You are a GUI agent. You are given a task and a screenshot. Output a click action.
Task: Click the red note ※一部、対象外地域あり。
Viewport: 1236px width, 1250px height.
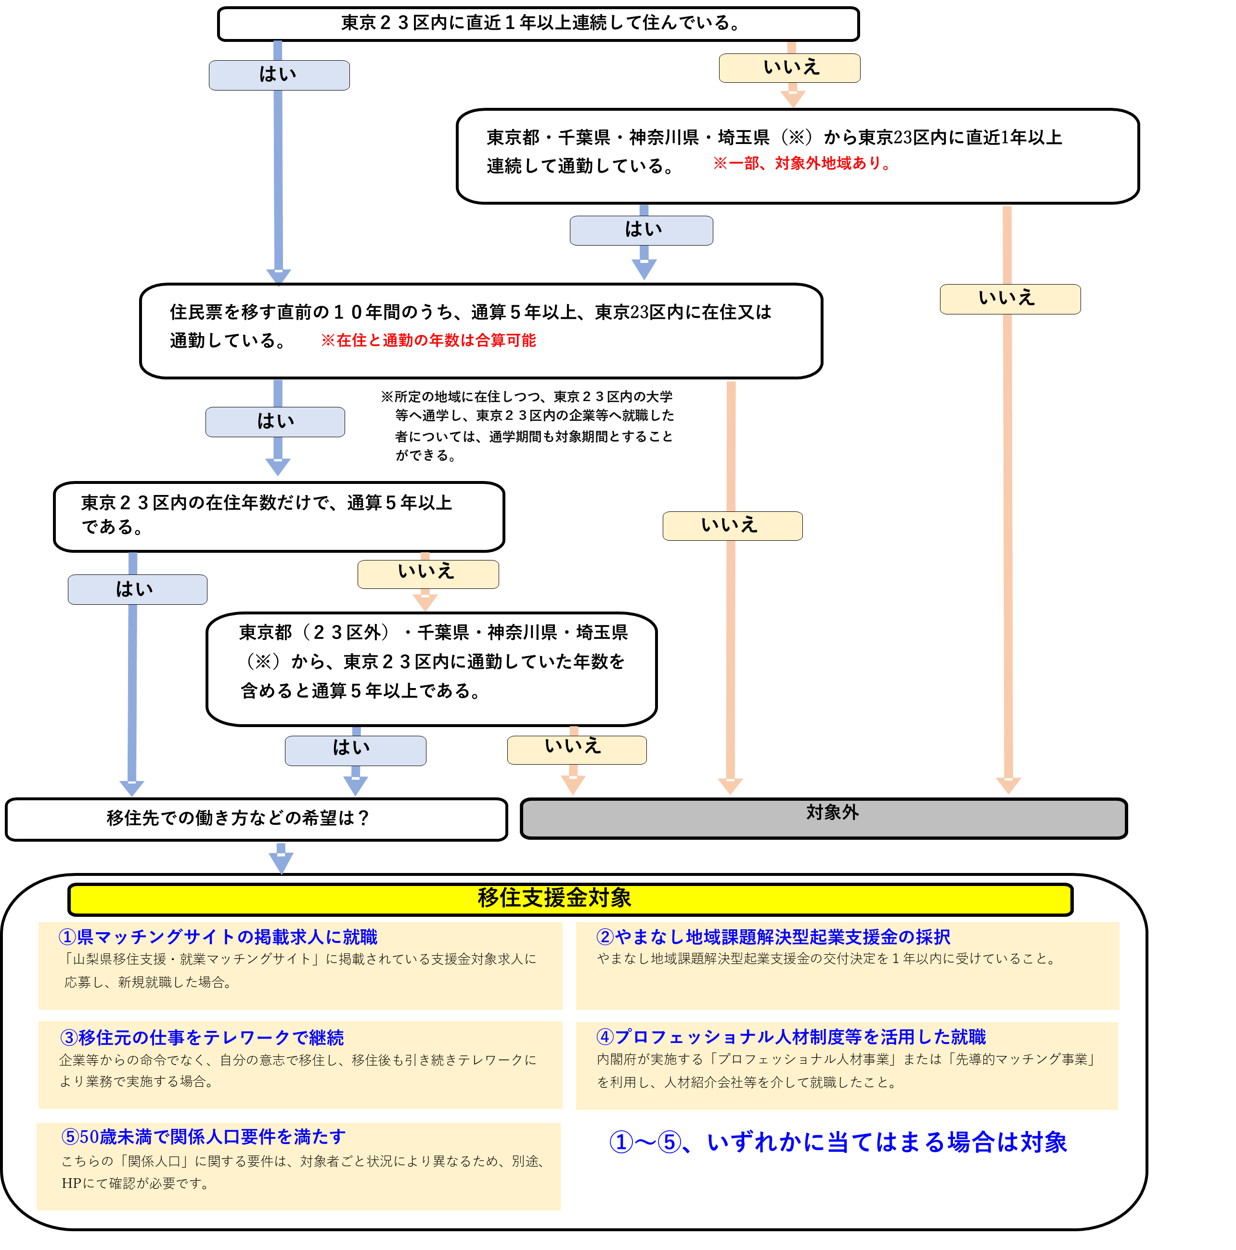coord(802,163)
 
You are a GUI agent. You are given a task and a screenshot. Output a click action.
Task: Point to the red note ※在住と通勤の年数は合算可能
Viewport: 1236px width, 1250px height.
coord(429,340)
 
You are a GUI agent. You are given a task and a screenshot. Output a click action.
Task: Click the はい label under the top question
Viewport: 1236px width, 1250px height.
coord(279,75)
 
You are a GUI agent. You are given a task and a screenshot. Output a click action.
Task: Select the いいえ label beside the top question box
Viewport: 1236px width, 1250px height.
coord(789,68)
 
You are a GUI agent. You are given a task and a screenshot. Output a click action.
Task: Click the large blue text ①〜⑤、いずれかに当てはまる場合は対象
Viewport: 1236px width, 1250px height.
coord(837,1142)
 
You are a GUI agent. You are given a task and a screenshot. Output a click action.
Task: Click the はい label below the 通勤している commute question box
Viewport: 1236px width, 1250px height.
coord(641,230)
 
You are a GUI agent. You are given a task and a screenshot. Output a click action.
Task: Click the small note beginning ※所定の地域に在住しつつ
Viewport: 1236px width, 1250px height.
coord(527,425)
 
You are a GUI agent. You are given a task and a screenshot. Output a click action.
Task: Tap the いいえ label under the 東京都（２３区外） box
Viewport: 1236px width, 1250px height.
coord(576,749)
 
